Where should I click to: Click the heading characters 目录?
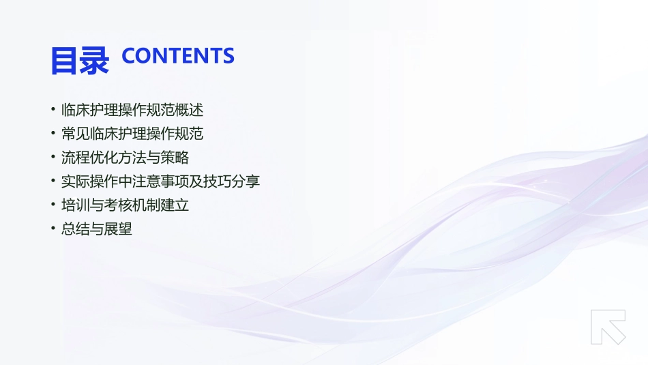79,59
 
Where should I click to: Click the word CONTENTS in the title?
178,56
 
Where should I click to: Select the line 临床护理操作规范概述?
132,110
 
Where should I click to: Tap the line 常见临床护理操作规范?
132,134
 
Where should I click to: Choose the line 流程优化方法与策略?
126,158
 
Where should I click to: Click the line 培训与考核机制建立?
126,205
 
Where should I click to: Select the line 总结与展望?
97,229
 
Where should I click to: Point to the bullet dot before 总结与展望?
53,229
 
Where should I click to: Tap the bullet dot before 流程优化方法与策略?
53,158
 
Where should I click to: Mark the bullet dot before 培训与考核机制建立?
53,205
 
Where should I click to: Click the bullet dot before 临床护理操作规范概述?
53,110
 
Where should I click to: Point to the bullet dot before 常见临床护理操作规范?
53,134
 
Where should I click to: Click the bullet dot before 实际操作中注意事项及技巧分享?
53,181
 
